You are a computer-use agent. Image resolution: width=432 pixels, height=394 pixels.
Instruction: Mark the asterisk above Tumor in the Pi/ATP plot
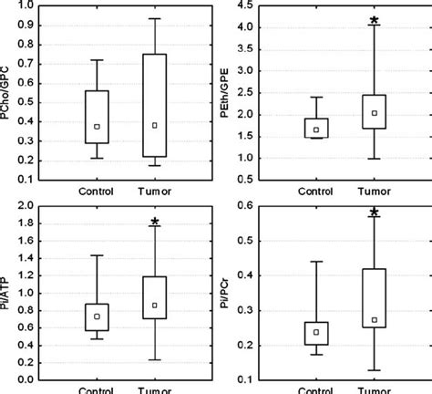click(155, 222)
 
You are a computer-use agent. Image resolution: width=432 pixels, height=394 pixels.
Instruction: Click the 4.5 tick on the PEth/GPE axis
click(248, 5)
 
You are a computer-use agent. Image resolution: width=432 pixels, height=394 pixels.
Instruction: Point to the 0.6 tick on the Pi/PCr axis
click(248, 206)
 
